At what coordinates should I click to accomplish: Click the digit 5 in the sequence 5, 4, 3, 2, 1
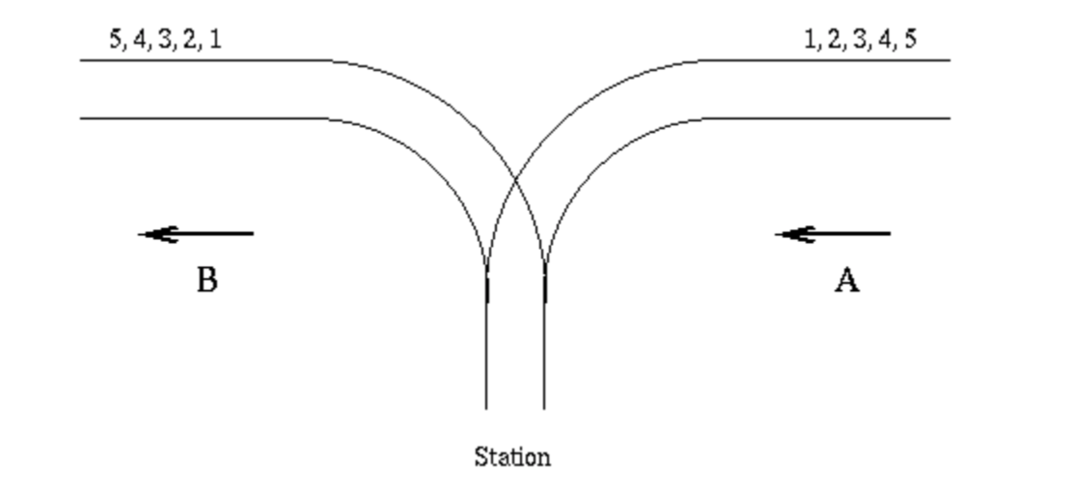pyautogui.click(x=115, y=39)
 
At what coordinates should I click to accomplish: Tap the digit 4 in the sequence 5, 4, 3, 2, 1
pyautogui.click(x=140, y=39)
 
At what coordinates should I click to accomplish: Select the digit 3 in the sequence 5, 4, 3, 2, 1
pyautogui.click(x=165, y=39)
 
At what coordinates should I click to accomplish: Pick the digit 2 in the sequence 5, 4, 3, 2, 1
pyautogui.click(x=190, y=39)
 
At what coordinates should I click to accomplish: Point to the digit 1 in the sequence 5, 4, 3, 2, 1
pyautogui.click(x=216, y=39)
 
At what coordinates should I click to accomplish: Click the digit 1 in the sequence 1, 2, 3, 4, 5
pyautogui.click(x=810, y=39)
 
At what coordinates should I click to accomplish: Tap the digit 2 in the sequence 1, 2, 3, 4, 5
pyautogui.click(x=835, y=39)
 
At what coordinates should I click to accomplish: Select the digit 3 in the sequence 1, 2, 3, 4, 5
pyautogui.click(x=860, y=39)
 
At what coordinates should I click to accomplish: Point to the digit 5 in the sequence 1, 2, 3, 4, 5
pyautogui.click(x=910, y=39)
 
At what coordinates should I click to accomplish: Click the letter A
pyautogui.click(x=846, y=280)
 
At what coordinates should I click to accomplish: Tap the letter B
pyautogui.click(x=207, y=280)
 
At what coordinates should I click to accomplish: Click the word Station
pyautogui.click(x=512, y=457)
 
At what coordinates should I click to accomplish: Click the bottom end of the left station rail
pyautogui.click(x=486, y=407)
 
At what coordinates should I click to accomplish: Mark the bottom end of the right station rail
pyautogui.click(x=544, y=407)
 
